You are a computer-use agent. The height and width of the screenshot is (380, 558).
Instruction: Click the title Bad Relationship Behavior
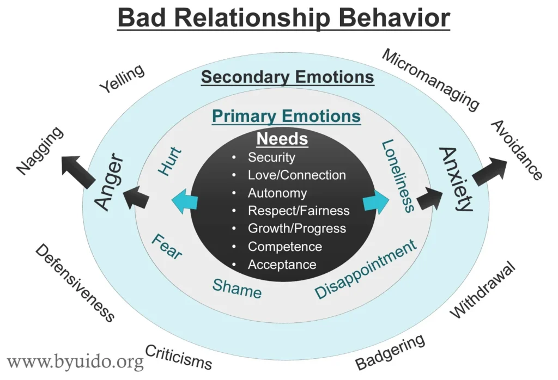click(x=283, y=18)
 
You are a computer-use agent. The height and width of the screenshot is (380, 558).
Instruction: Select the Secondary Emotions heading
click(x=287, y=77)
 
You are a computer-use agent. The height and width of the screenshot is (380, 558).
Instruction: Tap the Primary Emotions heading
click(x=286, y=116)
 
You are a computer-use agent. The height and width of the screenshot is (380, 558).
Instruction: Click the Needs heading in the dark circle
click(x=282, y=139)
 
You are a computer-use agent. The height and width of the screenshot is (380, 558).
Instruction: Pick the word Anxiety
click(x=457, y=179)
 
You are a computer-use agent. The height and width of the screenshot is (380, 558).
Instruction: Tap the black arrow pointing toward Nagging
click(x=77, y=171)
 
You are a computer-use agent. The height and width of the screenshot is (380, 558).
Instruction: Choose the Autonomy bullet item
click(x=277, y=193)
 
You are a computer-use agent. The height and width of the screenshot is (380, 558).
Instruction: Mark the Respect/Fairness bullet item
click(x=299, y=211)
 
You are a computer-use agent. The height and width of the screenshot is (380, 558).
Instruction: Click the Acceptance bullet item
click(x=282, y=265)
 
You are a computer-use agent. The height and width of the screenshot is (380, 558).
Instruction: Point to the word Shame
click(x=236, y=289)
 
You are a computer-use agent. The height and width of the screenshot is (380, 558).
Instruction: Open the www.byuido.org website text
click(x=75, y=361)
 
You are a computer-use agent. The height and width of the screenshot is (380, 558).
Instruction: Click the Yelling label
click(x=122, y=79)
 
